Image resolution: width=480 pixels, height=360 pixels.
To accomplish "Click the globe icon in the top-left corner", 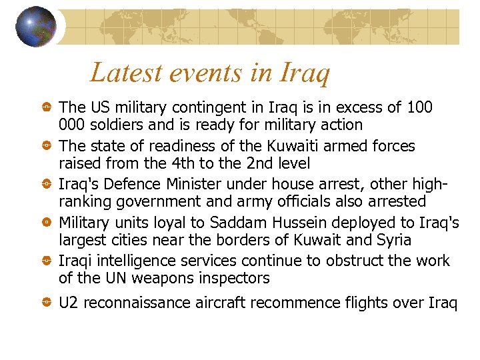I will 36,27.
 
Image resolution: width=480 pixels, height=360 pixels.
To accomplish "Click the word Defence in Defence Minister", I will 133,183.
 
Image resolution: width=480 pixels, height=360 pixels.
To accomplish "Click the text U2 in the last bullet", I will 68,303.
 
